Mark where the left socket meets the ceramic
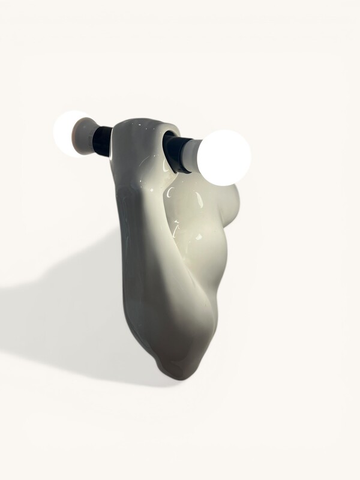click(x=112, y=142)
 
